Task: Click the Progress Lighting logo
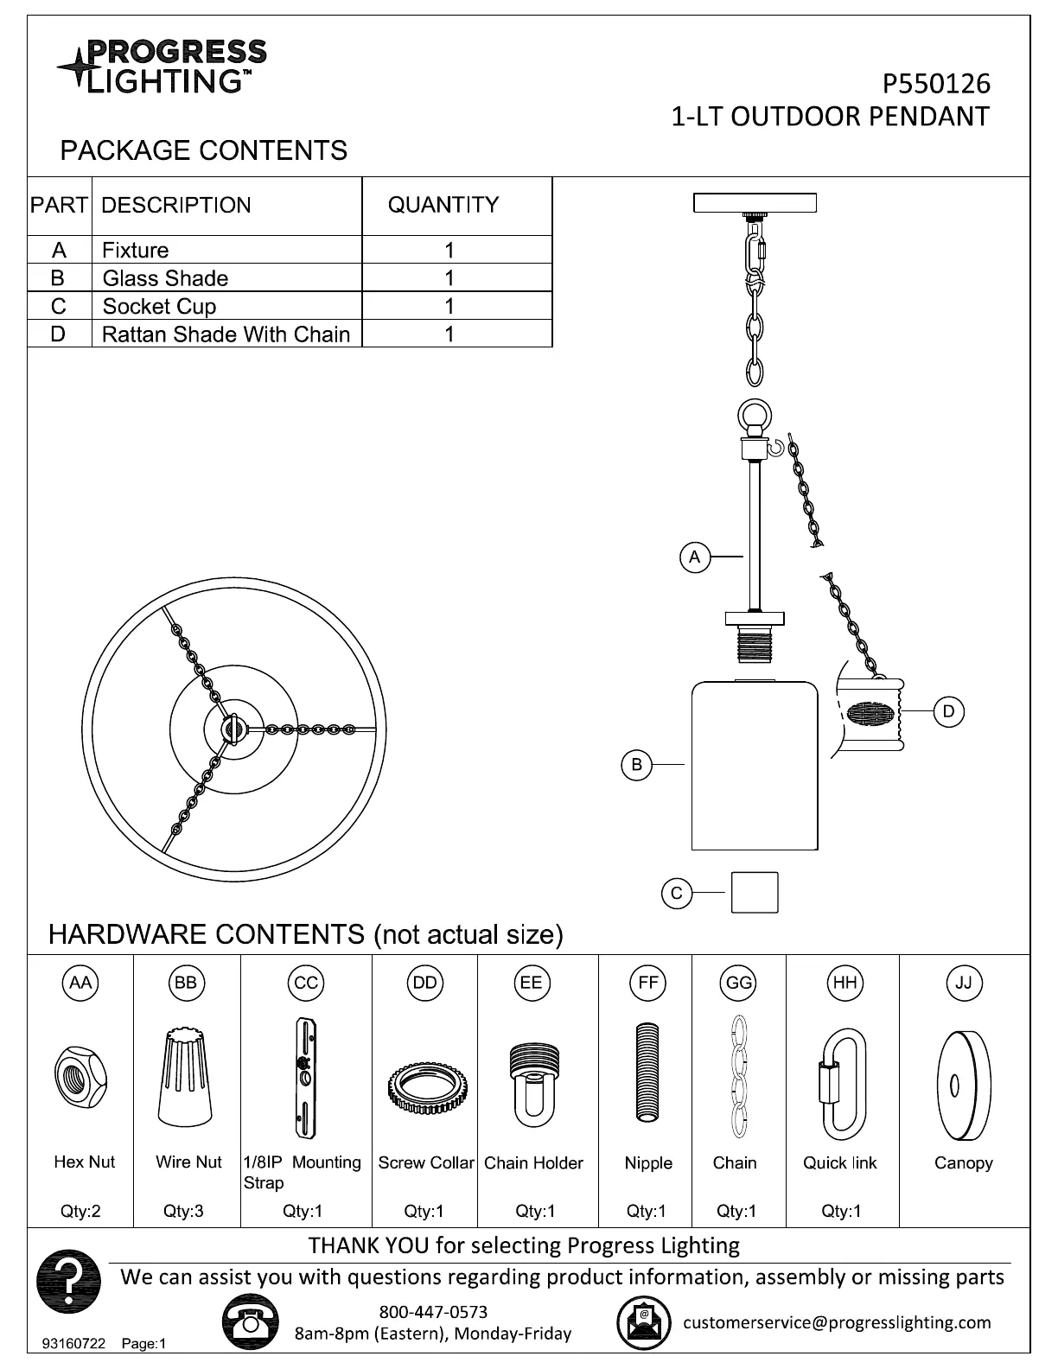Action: click(163, 66)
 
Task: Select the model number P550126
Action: click(936, 84)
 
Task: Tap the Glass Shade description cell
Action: click(165, 278)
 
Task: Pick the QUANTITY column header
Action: click(443, 205)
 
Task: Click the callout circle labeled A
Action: click(695, 557)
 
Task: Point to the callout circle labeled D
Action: click(948, 711)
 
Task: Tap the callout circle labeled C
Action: click(677, 893)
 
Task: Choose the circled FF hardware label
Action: click(648, 983)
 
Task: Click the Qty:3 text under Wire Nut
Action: click(183, 1211)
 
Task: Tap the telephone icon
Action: click(251, 1321)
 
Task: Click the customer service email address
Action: click(837, 1321)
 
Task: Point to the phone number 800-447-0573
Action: click(433, 1312)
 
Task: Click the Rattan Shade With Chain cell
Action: click(226, 334)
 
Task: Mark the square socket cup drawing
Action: click(754, 893)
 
